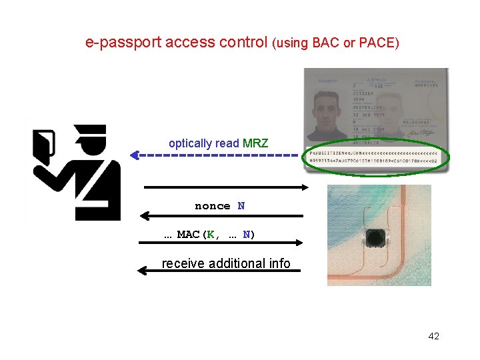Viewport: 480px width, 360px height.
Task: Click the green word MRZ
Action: click(255, 143)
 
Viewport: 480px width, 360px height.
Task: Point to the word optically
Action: click(190, 143)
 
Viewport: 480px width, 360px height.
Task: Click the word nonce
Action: click(212, 207)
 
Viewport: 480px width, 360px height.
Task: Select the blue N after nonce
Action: click(241, 207)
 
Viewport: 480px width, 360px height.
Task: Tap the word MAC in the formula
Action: click(188, 235)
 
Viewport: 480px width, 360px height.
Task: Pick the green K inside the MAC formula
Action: click(210, 235)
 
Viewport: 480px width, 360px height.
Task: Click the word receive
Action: click(183, 263)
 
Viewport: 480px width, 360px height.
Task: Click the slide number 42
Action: click(433, 336)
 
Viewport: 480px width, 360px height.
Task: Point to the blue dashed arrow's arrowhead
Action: click(134, 155)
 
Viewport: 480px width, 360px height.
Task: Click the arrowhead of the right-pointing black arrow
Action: click(307, 187)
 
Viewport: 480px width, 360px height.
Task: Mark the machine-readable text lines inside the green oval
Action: click(373, 157)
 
